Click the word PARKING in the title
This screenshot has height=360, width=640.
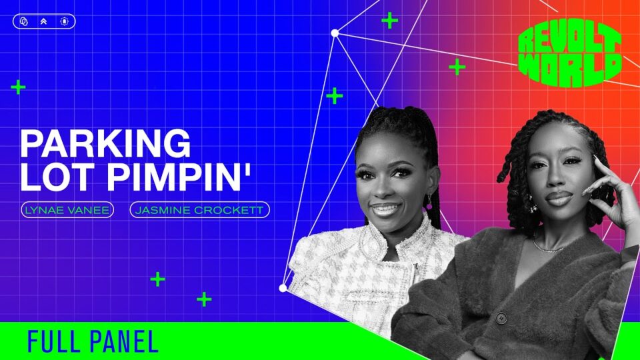click(x=105, y=143)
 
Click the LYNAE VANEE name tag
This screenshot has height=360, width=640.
click(x=67, y=210)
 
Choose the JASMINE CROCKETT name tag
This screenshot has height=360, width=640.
click(x=199, y=210)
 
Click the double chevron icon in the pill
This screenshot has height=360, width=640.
click(x=44, y=21)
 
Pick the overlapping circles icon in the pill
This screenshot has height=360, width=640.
click(x=24, y=21)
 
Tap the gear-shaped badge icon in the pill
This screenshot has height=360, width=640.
click(x=65, y=21)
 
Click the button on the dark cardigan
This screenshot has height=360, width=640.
click(x=501, y=317)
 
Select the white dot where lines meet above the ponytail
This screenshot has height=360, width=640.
click(x=335, y=33)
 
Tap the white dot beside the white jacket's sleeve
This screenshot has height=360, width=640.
click(x=283, y=288)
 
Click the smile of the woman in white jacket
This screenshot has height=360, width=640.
click(x=384, y=209)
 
